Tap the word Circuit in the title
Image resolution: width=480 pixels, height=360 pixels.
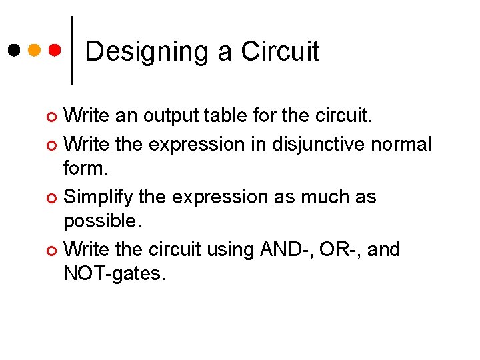click(280, 51)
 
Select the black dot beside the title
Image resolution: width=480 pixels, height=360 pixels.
click(14, 50)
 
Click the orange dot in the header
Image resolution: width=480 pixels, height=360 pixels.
click(35, 50)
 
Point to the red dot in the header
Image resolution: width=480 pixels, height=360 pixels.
click(55, 50)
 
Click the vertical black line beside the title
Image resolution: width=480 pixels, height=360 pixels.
click(71, 50)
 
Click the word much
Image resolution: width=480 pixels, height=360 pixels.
click(315, 197)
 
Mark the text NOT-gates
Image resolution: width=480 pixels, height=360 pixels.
click(114, 273)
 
